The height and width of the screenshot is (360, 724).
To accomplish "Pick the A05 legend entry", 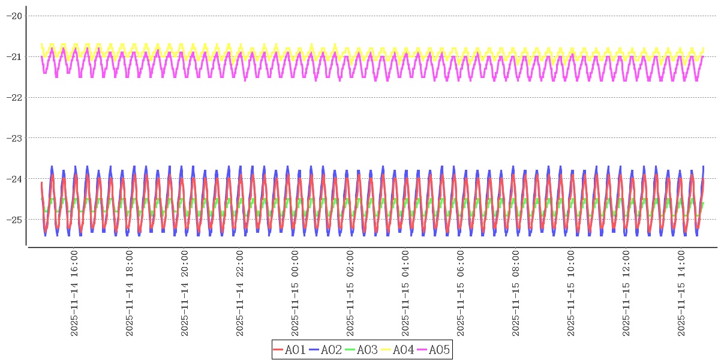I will [434, 350].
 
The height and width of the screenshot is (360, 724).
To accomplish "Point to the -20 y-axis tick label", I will [14, 16].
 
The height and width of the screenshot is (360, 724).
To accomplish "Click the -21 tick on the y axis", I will [14, 56].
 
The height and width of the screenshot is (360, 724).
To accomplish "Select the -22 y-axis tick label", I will [14, 97].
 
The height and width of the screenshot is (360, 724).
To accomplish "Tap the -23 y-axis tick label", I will [14, 138].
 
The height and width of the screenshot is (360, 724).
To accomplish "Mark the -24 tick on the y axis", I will [14, 179].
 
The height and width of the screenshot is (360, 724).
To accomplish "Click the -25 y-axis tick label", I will [14, 219].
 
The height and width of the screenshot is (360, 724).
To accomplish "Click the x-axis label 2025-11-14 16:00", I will [74, 293].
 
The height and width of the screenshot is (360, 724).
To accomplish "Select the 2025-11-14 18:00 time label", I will [130, 293].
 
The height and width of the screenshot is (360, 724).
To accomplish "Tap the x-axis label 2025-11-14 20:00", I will [185, 293].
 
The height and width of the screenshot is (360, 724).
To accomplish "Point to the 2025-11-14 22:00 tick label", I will [240, 293].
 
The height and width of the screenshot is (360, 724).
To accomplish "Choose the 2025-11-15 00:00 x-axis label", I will [295, 293].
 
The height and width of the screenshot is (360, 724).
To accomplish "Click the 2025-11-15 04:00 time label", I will [405, 293].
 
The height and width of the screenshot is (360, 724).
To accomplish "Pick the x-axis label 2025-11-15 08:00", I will [516, 293].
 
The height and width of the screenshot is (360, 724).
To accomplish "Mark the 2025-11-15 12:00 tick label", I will [626, 293].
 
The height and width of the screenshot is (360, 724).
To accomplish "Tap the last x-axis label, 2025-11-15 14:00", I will [681, 293].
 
